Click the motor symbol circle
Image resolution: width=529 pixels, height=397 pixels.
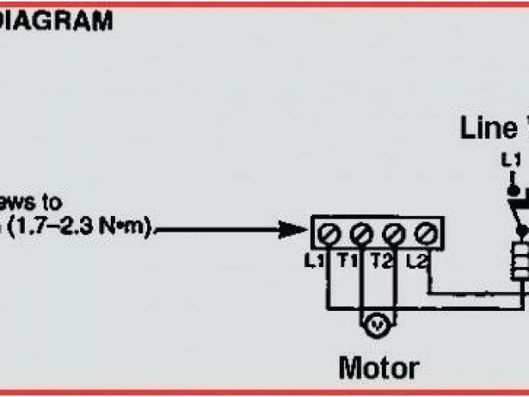(x=376, y=326)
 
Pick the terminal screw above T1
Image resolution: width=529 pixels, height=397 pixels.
(x=360, y=234)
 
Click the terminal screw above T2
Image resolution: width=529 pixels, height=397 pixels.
(x=393, y=234)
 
